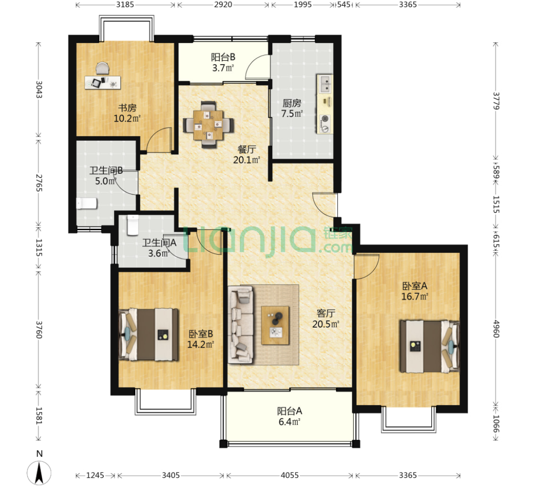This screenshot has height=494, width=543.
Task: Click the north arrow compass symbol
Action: (x=39, y=473)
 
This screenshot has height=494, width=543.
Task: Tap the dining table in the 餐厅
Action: (x=208, y=124)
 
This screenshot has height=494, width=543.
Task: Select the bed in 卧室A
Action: (x=430, y=346)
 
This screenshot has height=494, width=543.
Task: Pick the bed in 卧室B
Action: (x=149, y=335)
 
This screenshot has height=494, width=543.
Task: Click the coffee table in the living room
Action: (x=275, y=325)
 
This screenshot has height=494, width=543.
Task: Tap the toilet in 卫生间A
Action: (x=133, y=225)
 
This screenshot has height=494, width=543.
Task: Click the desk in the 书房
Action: (x=103, y=82)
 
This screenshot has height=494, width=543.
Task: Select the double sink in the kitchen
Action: (x=325, y=83)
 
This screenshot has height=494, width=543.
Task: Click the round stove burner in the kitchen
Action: (x=325, y=119)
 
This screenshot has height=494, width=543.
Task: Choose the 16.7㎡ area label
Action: (x=415, y=297)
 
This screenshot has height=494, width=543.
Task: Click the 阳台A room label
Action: (x=290, y=411)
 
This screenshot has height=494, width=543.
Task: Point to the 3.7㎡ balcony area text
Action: (x=223, y=68)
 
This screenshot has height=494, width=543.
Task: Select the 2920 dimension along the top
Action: (x=223, y=4)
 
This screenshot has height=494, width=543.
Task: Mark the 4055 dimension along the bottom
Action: (x=290, y=475)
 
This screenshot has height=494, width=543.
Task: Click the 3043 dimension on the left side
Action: (x=39, y=90)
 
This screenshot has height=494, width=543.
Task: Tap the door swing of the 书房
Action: (x=159, y=140)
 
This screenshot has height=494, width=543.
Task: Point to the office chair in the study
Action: (x=102, y=68)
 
